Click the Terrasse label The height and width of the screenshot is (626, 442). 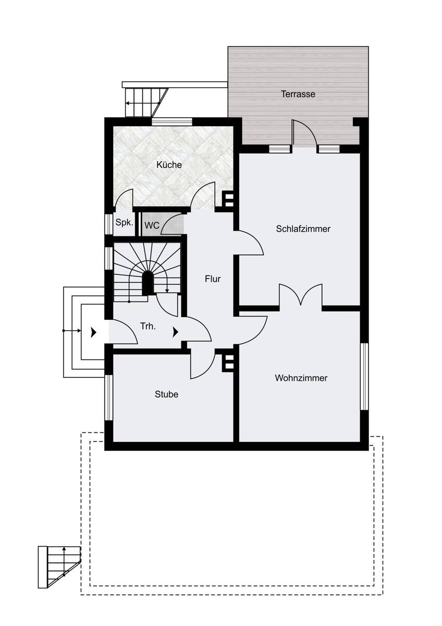click(x=298, y=94)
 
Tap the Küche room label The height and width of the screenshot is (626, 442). click(x=169, y=165)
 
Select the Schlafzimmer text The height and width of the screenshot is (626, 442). click(x=303, y=229)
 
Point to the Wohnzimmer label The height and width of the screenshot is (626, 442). click(x=301, y=378)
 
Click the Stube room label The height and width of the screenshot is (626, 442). click(x=166, y=394)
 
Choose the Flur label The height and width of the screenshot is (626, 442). click(x=212, y=279)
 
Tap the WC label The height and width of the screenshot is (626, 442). click(x=152, y=226)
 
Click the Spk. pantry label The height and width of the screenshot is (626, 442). click(x=124, y=222)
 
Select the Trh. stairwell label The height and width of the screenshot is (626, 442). click(x=149, y=327)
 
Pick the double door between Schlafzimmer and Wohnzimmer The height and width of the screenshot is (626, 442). click(x=301, y=296)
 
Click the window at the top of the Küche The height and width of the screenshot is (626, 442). click(x=171, y=122)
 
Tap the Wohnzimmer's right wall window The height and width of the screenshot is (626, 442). click(x=364, y=376)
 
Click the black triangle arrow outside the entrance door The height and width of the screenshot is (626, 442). click(x=94, y=332)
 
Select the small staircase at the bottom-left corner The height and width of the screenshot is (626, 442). click(x=59, y=566)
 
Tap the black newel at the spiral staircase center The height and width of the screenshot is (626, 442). click(x=148, y=283)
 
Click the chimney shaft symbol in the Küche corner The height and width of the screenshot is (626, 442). click(x=228, y=200)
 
